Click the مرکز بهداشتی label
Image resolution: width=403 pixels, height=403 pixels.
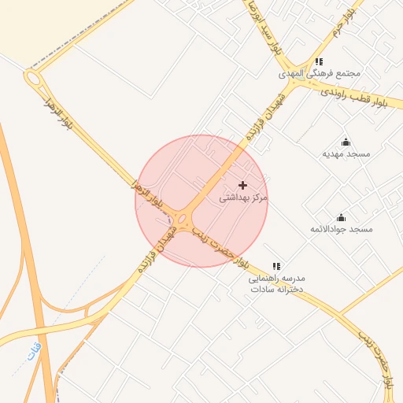(243, 198)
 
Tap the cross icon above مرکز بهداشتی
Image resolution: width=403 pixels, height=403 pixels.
(242, 184)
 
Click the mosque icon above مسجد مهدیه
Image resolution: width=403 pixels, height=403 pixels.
(346, 142)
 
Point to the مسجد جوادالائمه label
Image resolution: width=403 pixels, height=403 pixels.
(341, 229)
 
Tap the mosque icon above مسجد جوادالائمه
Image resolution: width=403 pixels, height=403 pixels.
(341, 217)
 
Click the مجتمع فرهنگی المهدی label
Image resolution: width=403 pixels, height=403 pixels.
(320, 74)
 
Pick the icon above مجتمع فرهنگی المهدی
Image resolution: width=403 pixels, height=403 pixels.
(319, 61)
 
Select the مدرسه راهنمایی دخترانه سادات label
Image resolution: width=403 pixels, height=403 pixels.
(277, 284)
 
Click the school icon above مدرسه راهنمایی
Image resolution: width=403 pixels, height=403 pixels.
(276, 267)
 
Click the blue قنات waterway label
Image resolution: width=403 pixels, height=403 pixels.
(32, 350)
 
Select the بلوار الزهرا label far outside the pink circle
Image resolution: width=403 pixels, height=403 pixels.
(58, 113)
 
